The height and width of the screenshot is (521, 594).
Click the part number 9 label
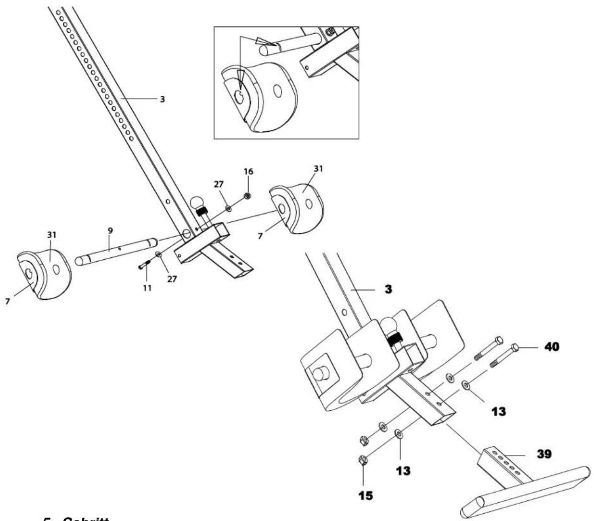pyautogui.click(x=110, y=231)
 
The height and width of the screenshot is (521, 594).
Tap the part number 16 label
pyautogui.click(x=249, y=171)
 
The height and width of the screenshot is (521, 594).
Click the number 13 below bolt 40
pyautogui.click(x=499, y=411)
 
